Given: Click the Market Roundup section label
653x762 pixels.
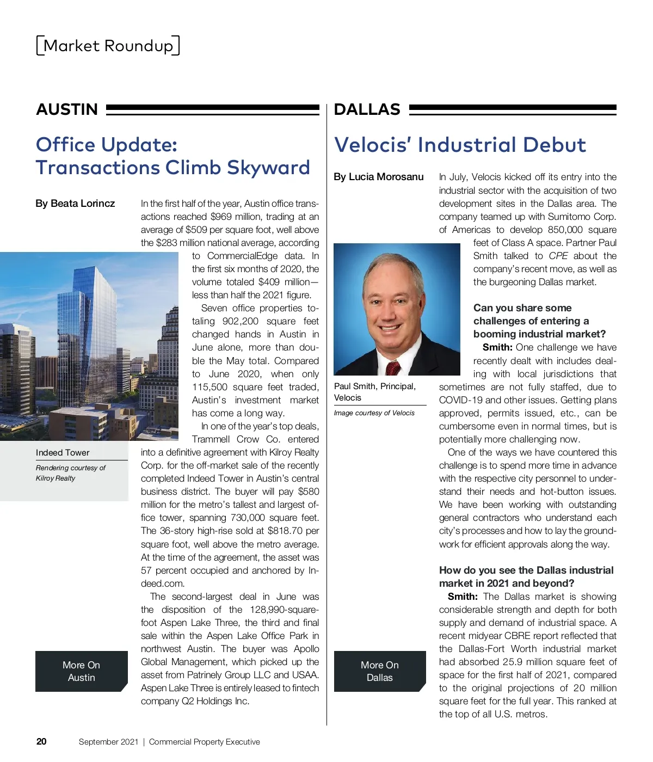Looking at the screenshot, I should tap(108, 46).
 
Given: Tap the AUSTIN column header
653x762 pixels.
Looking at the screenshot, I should tap(67, 109).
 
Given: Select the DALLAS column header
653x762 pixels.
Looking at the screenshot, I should tap(367, 109).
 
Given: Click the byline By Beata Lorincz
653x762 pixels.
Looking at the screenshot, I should tap(75, 204).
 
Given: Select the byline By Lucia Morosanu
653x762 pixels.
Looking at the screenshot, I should tap(379, 177).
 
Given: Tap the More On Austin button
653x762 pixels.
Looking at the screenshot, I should tap(82, 671).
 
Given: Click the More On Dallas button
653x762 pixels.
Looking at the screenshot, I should tap(380, 671).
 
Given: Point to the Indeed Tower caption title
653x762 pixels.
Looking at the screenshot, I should tap(63, 453).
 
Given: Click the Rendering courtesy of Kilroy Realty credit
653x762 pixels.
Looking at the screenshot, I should tap(70, 473).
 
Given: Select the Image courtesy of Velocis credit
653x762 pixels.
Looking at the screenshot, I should tap(374, 413).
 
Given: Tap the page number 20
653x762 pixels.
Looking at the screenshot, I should tap(41, 741).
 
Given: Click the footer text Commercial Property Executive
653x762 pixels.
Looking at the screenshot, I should tap(205, 742).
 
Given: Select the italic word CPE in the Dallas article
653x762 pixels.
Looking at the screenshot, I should tap(558, 256).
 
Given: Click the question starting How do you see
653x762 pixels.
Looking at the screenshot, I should tap(526, 576).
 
